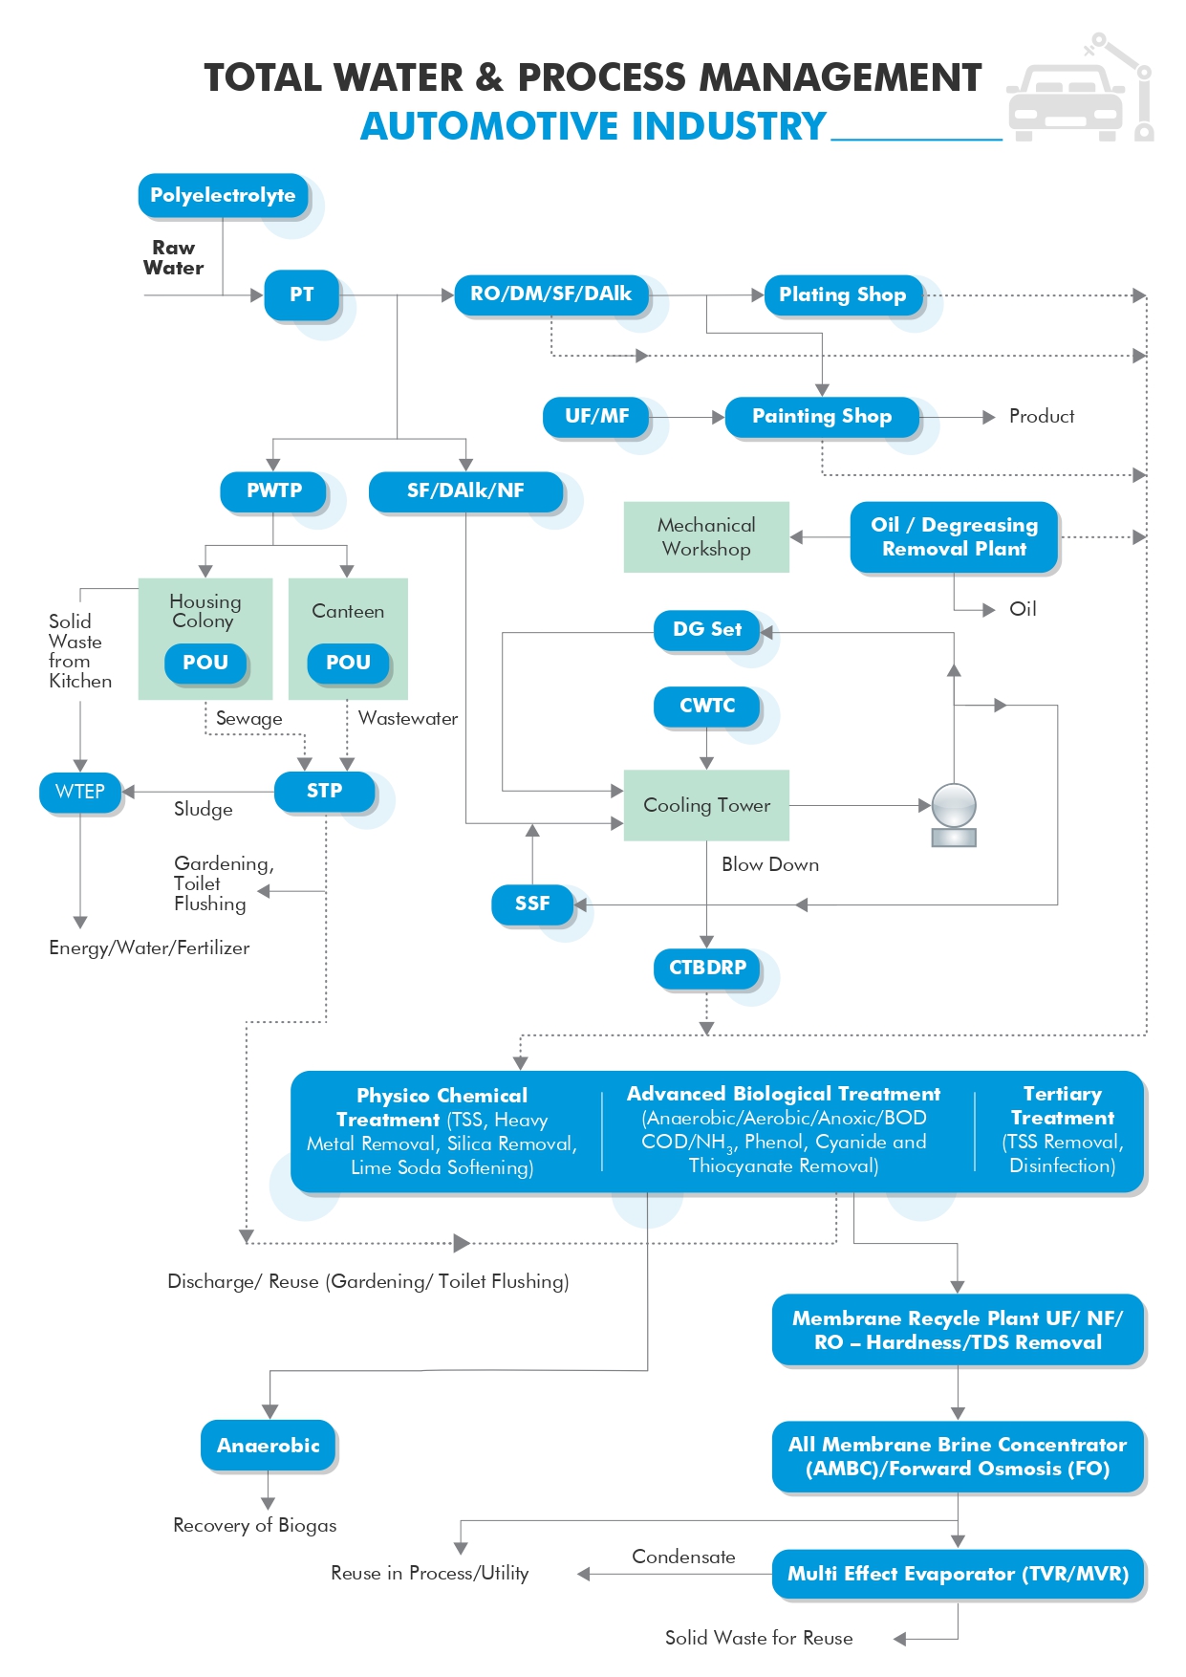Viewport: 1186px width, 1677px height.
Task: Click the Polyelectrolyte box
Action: [224, 196]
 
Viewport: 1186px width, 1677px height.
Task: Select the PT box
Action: [302, 295]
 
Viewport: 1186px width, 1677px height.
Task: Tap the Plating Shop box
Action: [844, 295]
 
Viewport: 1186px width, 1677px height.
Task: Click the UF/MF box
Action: [597, 417]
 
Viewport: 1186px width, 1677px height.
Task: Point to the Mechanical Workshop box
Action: [706, 537]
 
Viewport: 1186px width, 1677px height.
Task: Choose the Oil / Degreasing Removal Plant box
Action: [954, 537]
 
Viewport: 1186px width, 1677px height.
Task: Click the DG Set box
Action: [707, 630]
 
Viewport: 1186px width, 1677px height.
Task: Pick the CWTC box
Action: [707, 707]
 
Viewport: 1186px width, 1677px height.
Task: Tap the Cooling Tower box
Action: [706, 805]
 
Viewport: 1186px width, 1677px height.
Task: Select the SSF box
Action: [532, 904]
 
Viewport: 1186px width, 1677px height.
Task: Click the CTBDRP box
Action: [707, 969]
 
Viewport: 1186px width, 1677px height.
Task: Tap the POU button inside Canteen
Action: [348, 664]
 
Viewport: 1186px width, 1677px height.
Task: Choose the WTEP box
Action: [80, 793]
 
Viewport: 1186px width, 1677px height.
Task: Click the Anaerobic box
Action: [269, 1446]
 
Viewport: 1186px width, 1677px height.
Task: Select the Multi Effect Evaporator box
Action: [958, 1574]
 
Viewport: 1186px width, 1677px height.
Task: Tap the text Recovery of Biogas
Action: [255, 1526]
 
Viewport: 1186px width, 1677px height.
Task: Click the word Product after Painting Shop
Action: [1042, 417]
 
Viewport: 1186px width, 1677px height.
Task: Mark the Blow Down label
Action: [770, 865]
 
